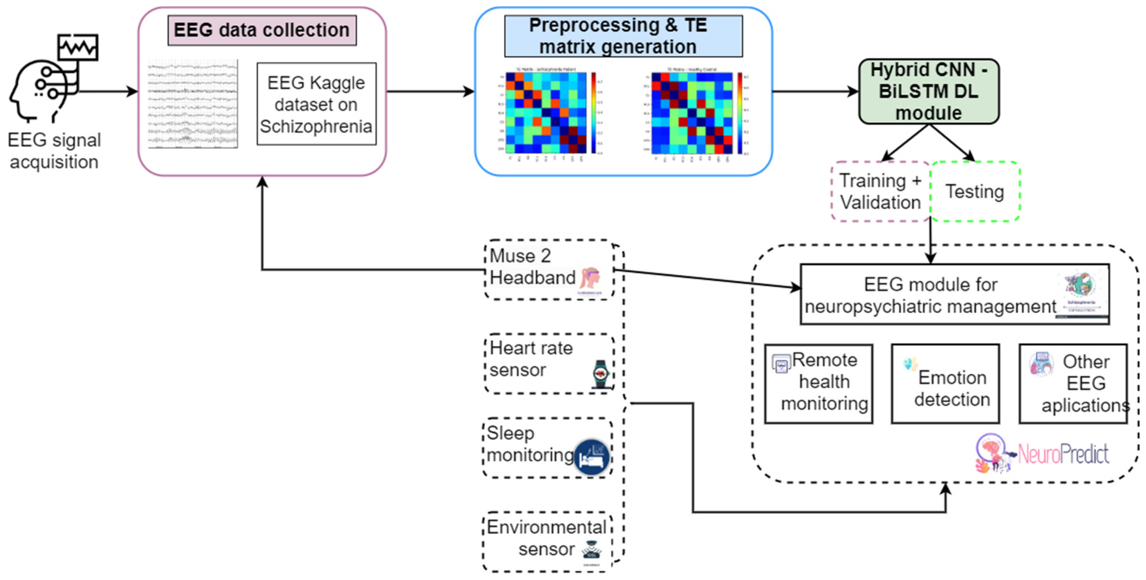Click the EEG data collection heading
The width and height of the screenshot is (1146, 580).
click(262, 30)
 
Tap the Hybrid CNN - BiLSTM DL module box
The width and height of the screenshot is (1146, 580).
click(929, 92)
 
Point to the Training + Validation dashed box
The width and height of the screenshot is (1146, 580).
click(880, 192)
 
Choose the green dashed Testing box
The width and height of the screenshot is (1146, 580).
click(975, 192)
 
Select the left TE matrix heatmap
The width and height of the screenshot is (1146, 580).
click(546, 113)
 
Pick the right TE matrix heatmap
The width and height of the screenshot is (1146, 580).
click(692, 113)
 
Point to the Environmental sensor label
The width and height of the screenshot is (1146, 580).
click(547, 538)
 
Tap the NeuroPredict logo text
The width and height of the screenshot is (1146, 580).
click(1063, 454)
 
